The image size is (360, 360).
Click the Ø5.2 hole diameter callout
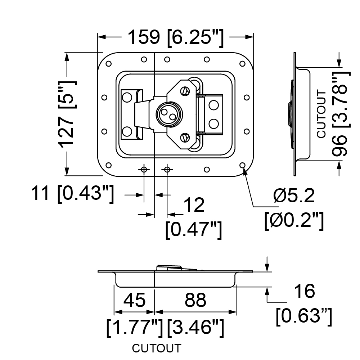click(294, 195)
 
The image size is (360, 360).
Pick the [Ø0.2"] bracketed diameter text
click(294, 220)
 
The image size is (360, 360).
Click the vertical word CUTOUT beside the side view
click(321, 114)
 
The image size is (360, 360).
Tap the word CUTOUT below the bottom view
click(157, 348)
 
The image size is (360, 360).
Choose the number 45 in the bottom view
click(134, 300)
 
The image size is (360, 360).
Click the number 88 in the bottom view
click(195, 300)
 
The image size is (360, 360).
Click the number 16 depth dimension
click(305, 291)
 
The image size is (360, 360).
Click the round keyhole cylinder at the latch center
click(169, 114)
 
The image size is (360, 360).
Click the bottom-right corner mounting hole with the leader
click(242, 165)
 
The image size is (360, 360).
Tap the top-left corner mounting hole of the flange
click(109, 64)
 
